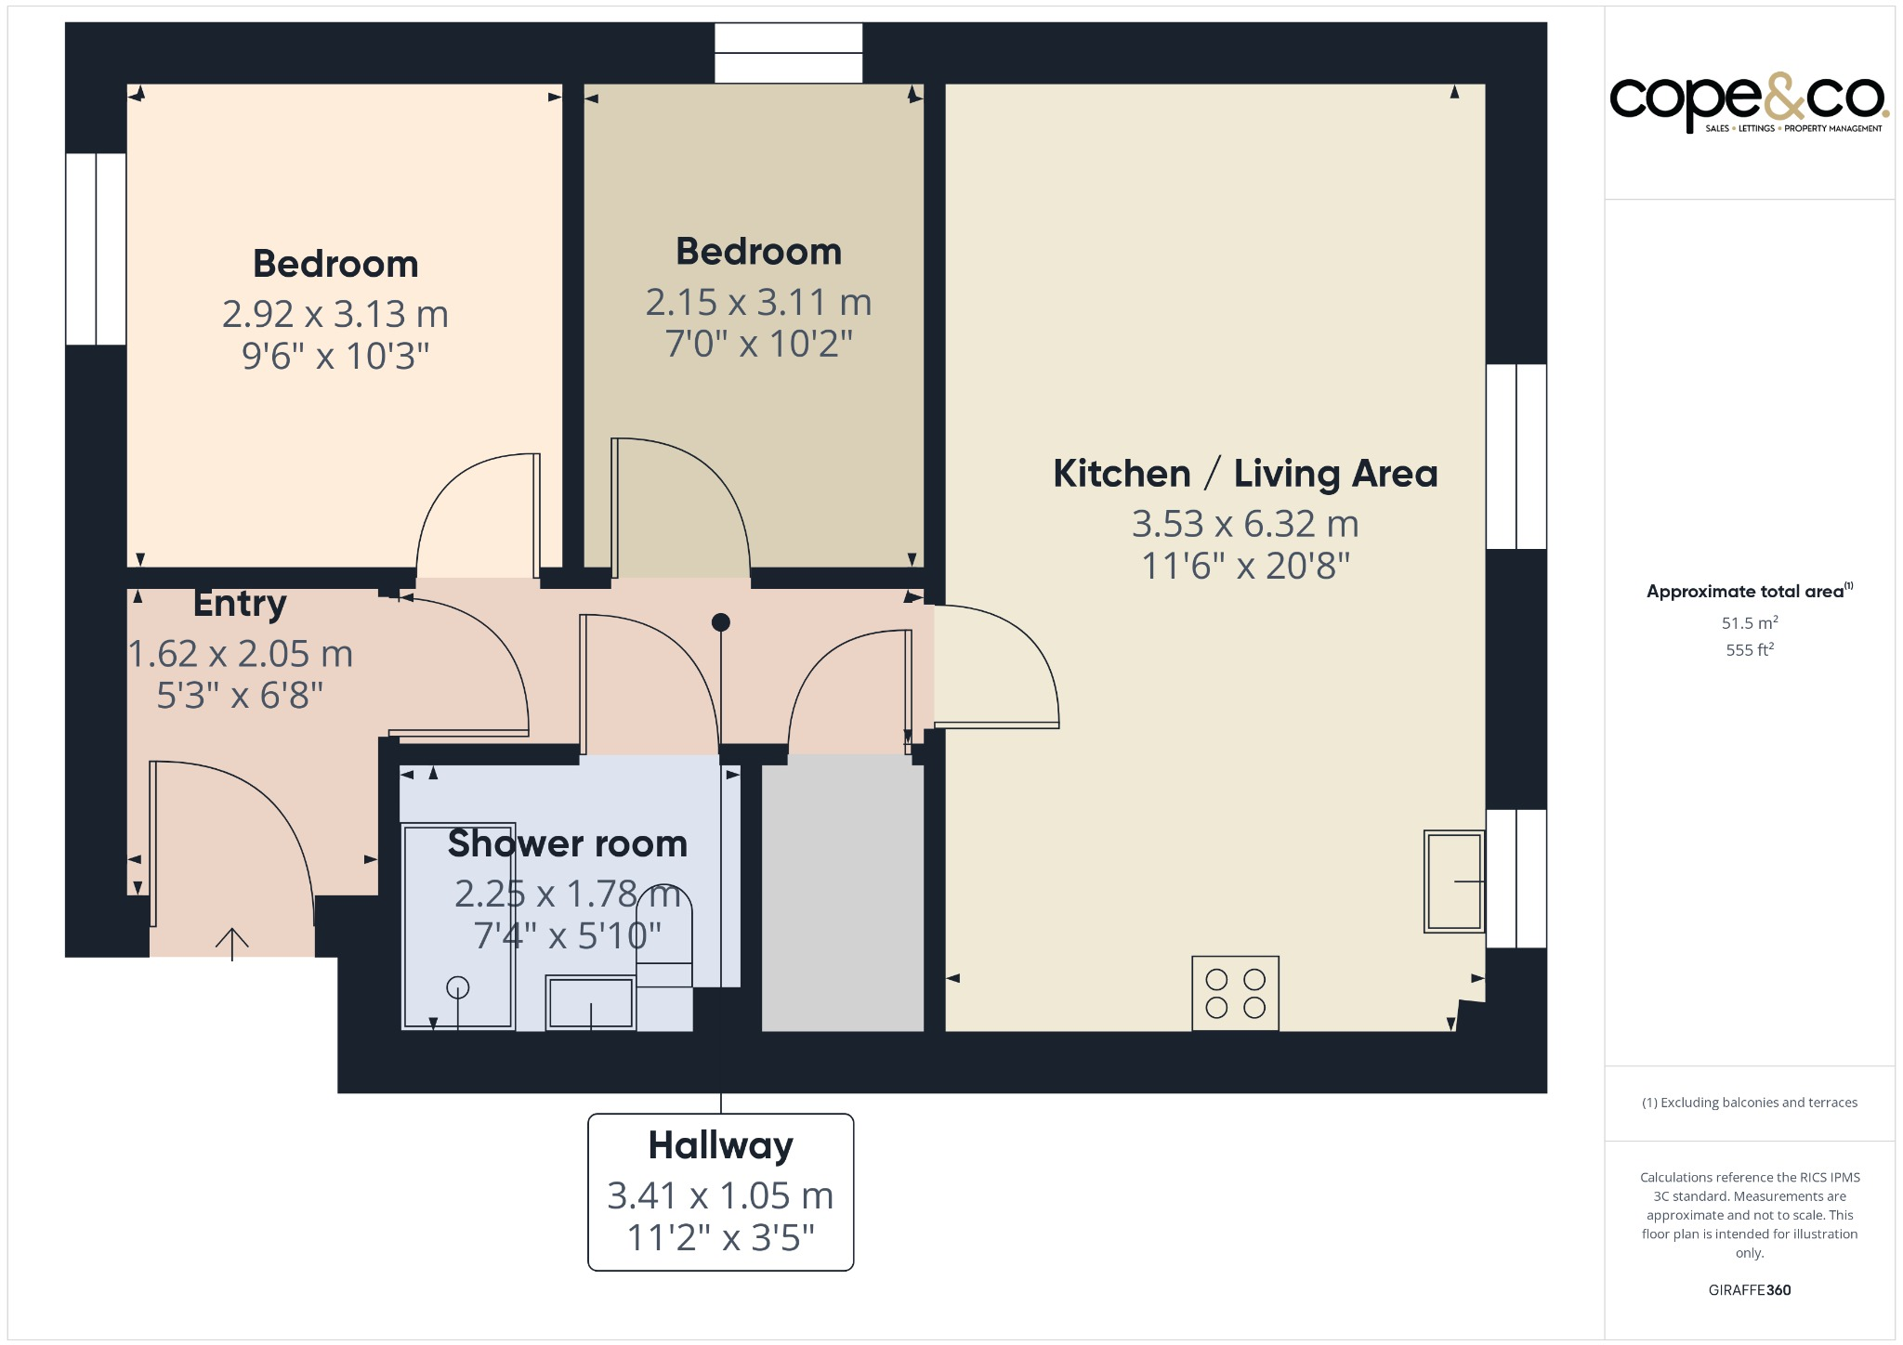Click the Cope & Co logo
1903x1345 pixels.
[x=1749, y=102]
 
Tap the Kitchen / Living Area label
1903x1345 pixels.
[x=1245, y=474]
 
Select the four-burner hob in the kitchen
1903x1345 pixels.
[x=1235, y=993]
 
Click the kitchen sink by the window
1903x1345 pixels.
[x=1454, y=881]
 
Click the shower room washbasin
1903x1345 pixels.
[x=590, y=1002]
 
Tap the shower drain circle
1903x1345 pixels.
[x=458, y=987]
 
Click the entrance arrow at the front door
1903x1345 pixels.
[x=232, y=944]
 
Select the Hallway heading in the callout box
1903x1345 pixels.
[x=721, y=1145]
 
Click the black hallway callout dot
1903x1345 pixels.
[x=721, y=622]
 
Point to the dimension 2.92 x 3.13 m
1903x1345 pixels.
[x=335, y=314]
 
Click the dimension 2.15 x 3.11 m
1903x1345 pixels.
[x=758, y=302]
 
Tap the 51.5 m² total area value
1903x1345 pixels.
[x=1750, y=622]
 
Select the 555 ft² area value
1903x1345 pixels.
[x=1750, y=649]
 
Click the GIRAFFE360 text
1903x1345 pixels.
[x=1750, y=1290]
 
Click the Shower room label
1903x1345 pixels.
[x=568, y=843]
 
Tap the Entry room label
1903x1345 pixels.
[x=240, y=604]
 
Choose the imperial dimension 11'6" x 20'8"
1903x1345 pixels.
[x=1245, y=566]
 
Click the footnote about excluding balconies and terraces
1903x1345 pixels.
[x=1750, y=1103]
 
